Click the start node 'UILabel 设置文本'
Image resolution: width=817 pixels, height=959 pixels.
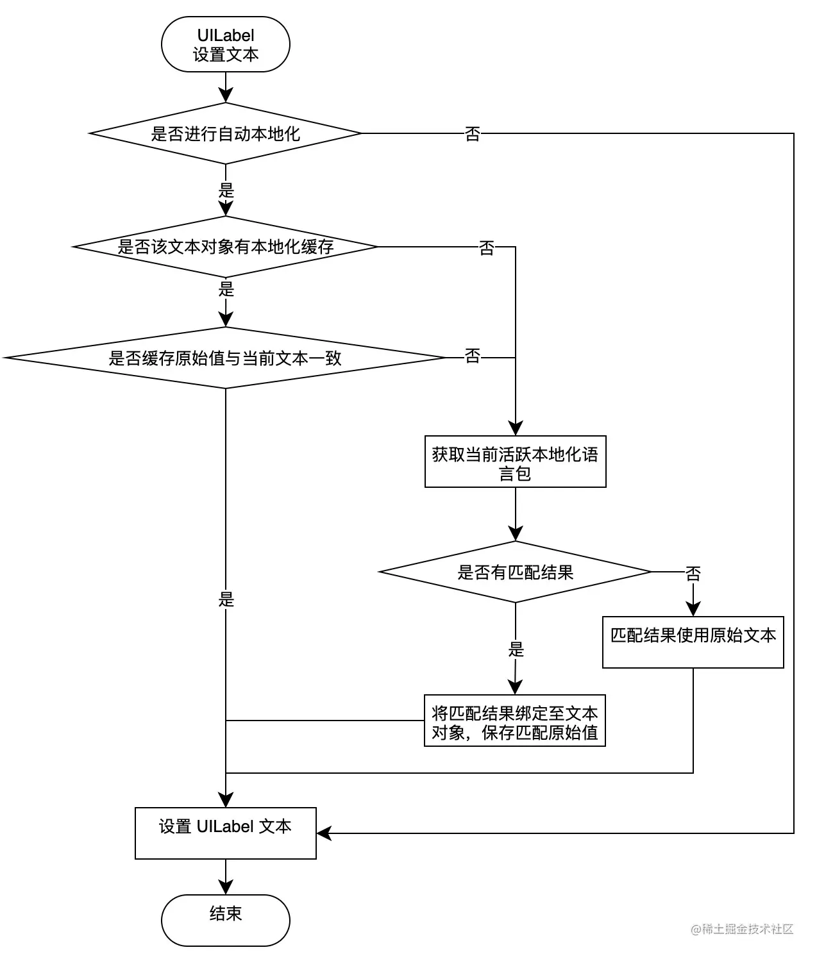tap(226, 44)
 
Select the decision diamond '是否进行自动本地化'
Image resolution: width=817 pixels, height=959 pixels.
tap(226, 133)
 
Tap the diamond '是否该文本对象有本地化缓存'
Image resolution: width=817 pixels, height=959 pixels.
tap(226, 246)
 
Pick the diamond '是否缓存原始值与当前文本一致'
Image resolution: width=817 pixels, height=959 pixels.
tap(226, 358)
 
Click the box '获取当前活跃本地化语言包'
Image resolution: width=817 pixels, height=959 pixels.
tap(515, 461)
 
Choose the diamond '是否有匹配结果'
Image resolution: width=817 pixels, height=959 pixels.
tap(515, 572)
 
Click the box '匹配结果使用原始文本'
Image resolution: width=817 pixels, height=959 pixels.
tap(693, 642)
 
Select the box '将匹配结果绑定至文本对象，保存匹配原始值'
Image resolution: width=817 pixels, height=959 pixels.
tap(515, 721)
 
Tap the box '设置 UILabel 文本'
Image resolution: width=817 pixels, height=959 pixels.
tap(226, 833)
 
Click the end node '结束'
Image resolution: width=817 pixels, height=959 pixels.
tap(226, 921)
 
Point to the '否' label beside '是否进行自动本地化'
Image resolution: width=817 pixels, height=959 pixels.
tap(473, 133)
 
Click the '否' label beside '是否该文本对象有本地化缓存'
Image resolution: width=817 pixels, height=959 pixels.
tap(487, 247)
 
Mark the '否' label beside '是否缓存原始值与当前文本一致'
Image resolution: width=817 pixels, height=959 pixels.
tap(473, 356)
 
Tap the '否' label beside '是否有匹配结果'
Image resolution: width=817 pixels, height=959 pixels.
tap(693, 574)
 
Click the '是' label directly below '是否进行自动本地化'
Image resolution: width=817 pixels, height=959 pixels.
tap(226, 190)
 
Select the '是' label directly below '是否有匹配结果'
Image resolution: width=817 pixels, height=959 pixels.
tap(516, 649)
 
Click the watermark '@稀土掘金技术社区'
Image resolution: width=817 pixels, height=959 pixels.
tap(742, 929)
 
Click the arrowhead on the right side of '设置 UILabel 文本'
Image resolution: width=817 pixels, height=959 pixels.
tap(324, 833)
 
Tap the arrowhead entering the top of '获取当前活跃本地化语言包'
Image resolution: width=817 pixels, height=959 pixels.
tap(515, 428)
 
